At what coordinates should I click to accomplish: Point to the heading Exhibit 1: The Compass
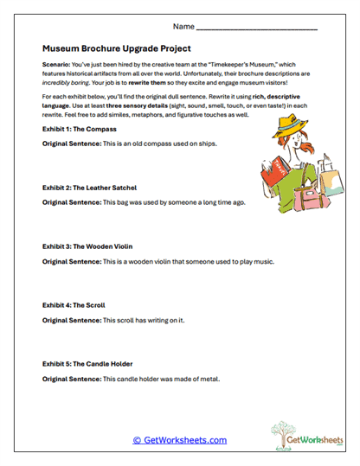pos(79,128)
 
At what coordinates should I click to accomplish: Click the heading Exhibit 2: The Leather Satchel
pos(89,187)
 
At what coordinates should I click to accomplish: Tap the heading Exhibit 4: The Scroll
pos(74,304)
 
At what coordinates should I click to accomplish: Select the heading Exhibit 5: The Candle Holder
pos(87,363)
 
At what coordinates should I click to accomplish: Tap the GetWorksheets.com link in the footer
pos(179,440)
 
